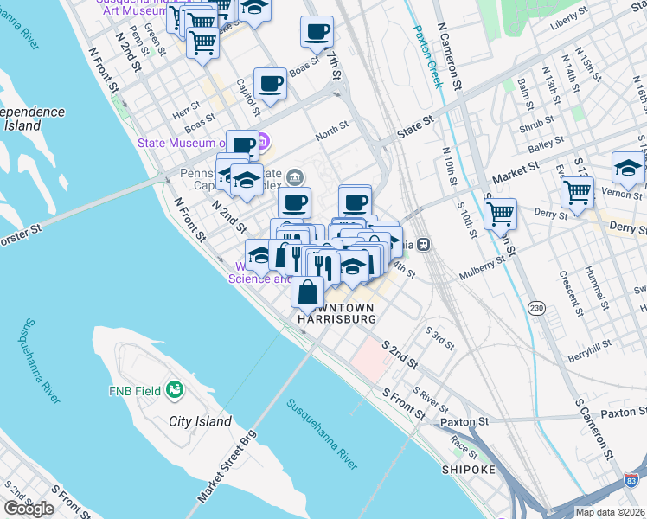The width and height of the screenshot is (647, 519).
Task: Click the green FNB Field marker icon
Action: pos(175,390)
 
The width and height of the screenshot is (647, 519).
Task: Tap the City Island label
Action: pos(201,422)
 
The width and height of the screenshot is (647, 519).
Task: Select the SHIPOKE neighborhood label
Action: pos(468,470)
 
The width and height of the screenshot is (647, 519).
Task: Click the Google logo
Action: pos(29,509)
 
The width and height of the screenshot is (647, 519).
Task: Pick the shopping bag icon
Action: pos(308,292)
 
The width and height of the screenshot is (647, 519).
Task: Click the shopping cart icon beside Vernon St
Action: pos(577,191)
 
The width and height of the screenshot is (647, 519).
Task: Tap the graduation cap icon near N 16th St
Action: pos(628,167)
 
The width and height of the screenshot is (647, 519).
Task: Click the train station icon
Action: pos(424,244)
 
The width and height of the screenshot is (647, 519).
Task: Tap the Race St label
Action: pos(464,448)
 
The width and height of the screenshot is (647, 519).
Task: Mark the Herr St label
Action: pos(186,112)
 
